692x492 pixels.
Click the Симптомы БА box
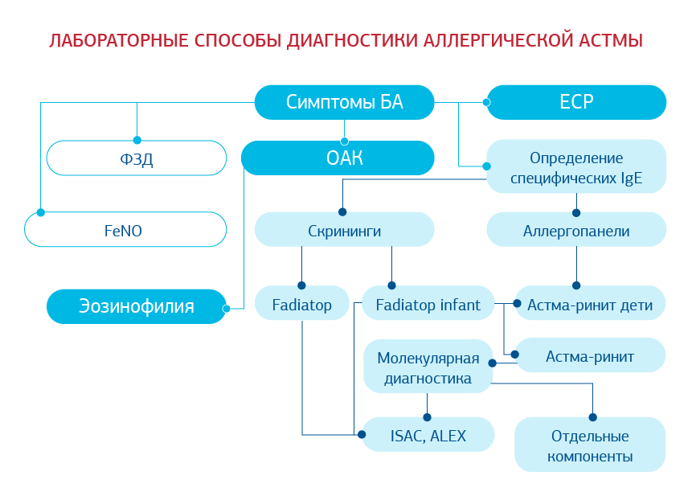pyautogui.click(x=344, y=102)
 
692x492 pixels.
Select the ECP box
pyautogui.click(x=576, y=102)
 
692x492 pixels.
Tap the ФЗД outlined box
pyautogui.click(x=137, y=158)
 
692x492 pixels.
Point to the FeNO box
pyautogui.click(x=125, y=230)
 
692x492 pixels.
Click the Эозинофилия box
pyautogui.click(x=137, y=306)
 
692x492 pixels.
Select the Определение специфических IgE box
pyautogui.click(x=576, y=167)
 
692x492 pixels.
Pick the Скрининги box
pyautogui.click(x=344, y=231)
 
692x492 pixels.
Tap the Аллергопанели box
pyautogui.click(x=576, y=231)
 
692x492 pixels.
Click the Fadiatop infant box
pyautogui.click(x=428, y=305)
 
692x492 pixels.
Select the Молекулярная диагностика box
pyautogui.click(x=428, y=367)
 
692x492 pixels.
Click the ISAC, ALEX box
pyautogui.click(x=428, y=436)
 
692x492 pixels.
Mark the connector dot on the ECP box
pyautogui.click(x=486, y=102)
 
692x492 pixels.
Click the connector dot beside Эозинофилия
pyautogui.click(x=227, y=309)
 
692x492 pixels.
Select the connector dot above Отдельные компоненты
pyautogui.click(x=593, y=417)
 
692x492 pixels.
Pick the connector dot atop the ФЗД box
pyautogui.click(x=137, y=140)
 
